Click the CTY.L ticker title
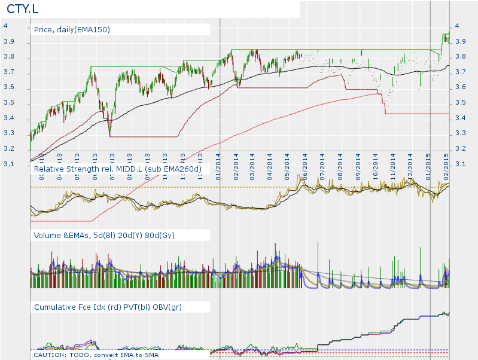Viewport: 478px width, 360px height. [22, 10]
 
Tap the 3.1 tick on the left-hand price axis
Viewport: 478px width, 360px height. [5, 164]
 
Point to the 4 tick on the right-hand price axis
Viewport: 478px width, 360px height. [458, 26]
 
